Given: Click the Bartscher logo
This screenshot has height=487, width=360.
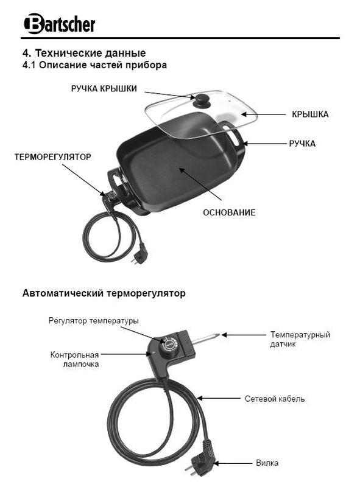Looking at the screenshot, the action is (59, 24).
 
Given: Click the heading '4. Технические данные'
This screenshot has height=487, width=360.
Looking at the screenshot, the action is (84, 53).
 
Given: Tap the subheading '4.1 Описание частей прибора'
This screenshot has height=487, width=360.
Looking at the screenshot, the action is (94, 65).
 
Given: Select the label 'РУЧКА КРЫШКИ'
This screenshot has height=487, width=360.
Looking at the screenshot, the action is (104, 89).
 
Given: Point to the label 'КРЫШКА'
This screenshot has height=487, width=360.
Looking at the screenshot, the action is (310, 114).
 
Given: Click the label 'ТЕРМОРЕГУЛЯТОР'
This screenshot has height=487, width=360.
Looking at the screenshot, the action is (53, 157).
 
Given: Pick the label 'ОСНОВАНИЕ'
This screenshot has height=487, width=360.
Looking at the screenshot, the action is (229, 212).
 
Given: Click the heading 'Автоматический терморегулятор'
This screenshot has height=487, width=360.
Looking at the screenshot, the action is (104, 293).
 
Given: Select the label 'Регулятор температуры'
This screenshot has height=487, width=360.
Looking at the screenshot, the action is (94, 321).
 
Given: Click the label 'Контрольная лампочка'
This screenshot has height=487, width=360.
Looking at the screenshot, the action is (74, 359).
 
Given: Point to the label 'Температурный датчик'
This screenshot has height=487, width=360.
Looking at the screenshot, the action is (300, 339).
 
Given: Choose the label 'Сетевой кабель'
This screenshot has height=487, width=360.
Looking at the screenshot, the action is (275, 399).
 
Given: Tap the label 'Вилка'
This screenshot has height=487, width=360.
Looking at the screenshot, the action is (267, 463).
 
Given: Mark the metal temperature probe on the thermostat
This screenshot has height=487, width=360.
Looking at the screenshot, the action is (206, 338).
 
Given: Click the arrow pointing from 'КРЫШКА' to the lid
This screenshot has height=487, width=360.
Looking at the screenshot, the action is (263, 114).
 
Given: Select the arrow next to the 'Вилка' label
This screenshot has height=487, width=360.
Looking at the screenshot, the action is (233, 463).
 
